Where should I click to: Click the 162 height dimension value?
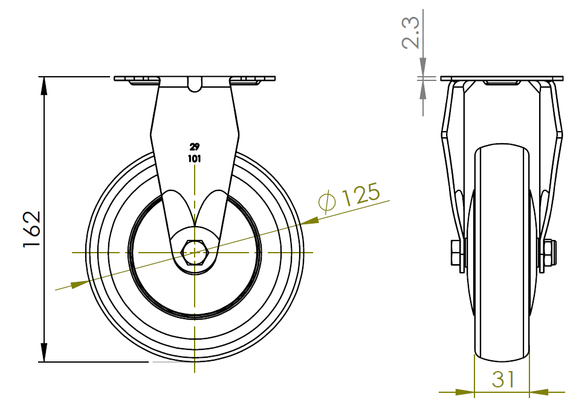(x=32, y=229)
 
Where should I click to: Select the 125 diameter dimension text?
(x=361, y=193)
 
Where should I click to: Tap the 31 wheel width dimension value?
(x=503, y=379)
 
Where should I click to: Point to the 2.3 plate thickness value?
(x=410, y=33)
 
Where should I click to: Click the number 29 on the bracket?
(x=195, y=147)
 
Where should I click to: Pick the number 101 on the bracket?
(x=195, y=159)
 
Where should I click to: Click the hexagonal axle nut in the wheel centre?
(x=195, y=253)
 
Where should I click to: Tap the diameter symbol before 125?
(x=327, y=202)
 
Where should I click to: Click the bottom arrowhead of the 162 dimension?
(x=44, y=352)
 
